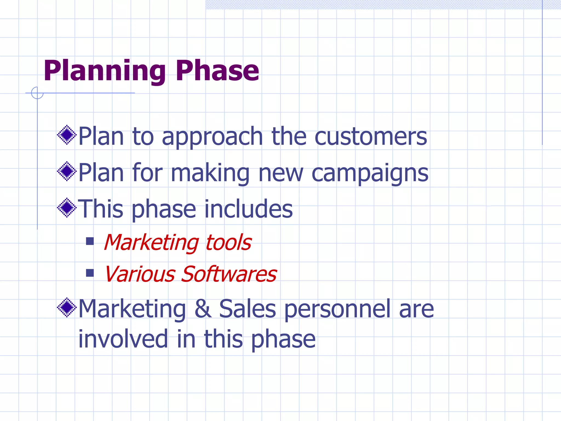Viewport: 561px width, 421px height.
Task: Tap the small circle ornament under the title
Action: click(x=37, y=93)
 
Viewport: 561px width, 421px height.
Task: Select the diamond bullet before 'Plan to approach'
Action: click(x=67, y=135)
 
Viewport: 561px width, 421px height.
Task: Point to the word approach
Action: click(x=212, y=137)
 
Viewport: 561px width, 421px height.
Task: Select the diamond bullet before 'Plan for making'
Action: click(x=67, y=171)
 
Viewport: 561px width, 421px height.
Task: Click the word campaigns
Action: click(x=370, y=173)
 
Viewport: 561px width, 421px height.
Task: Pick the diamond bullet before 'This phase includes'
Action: click(x=67, y=208)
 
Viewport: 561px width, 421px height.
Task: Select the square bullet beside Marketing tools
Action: click(x=90, y=241)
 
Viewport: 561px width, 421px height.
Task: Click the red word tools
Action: click(x=228, y=243)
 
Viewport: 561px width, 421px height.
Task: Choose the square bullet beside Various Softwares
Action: click(x=90, y=273)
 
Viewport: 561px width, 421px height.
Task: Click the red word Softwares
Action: click(x=229, y=274)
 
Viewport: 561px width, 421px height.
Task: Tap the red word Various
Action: click(x=140, y=274)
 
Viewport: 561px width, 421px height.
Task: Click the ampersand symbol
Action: click(x=203, y=309)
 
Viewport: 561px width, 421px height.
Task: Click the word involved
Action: click(x=123, y=339)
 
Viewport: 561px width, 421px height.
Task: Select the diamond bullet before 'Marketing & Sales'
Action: click(x=67, y=308)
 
